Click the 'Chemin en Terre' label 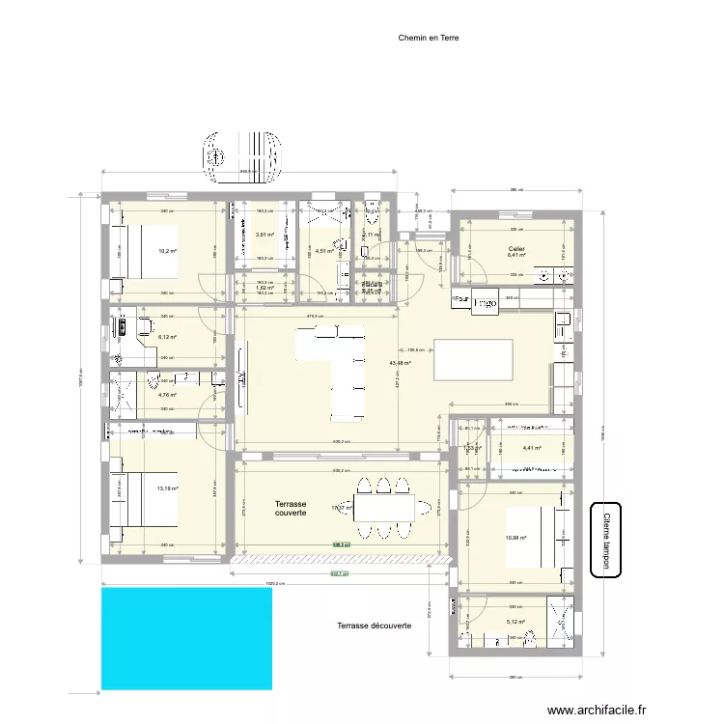[x=428, y=40]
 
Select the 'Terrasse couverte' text [x=291, y=509]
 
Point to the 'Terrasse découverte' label [x=375, y=626]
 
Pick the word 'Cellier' [x=516, y=248]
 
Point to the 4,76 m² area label [x=167, y=395]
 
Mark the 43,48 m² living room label [x=400, y=364]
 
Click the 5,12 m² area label [x=515, y=622]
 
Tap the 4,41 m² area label [x=532, y=448]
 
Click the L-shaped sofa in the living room [x=338, y=372]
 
